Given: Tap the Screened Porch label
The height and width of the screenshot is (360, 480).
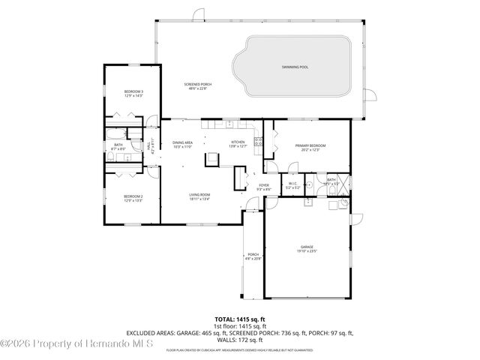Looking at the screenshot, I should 198,86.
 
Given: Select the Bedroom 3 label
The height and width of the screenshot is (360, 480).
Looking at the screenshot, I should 133,93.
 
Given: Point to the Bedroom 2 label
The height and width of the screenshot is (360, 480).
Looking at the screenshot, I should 133,198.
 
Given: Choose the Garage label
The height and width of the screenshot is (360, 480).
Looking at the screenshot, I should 307,248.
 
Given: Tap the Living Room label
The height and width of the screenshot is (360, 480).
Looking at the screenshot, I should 199,196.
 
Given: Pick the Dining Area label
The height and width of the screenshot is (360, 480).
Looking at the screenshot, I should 183,144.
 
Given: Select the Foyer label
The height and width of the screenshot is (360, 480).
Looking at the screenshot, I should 264,187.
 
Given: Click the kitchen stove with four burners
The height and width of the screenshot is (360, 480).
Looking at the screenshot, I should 257,139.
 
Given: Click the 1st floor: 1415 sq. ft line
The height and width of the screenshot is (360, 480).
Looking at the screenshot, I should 240,326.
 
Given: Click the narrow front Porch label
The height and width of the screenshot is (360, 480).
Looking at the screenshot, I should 253,256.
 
